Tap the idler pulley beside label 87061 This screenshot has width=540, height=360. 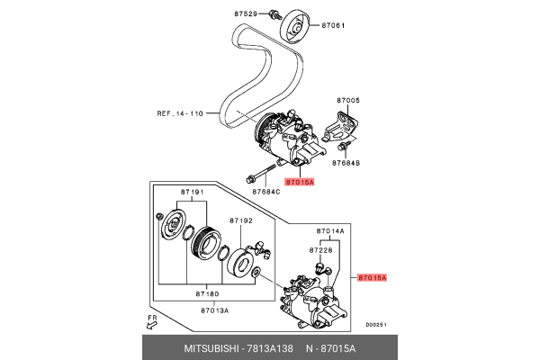pos(293,28)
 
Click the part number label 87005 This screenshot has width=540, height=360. pos(348,101)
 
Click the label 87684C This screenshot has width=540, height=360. pos(266,191)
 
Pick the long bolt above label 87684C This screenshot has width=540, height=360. pos(261,175)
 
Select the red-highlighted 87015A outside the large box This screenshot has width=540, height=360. pos(371,279)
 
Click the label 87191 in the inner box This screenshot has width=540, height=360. pos(192,193)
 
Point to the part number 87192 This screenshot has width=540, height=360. pos(242,220)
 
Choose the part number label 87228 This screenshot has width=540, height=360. pos(322,249)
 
